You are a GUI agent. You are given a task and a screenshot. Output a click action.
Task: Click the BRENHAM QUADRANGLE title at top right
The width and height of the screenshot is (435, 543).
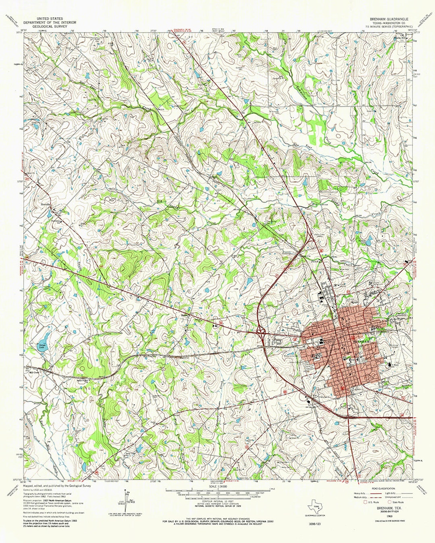click(389, 19)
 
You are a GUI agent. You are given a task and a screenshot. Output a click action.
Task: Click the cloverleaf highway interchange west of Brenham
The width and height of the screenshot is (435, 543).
click(261, 332)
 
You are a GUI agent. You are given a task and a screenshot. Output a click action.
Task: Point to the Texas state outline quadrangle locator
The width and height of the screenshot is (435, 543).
click(315, 506)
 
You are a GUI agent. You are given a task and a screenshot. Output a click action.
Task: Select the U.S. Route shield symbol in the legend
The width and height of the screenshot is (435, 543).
click(365, 502)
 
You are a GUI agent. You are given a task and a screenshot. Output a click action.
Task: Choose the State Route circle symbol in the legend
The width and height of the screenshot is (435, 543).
click(389, 502)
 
